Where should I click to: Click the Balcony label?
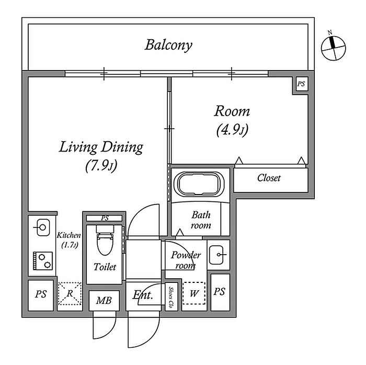(x=168, y=45)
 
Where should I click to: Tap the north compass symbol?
(x=334, y=48)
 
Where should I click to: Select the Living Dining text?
(x=101, y=147)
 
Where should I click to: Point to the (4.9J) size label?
(x=232, y=130)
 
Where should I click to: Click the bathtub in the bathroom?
(x=200, y=184)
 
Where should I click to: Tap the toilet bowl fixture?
(x=105, y=240)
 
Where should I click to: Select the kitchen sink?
(x=42, y=227)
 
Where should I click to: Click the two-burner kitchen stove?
(x=42, y=261)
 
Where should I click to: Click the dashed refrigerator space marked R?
(x=70, y=293)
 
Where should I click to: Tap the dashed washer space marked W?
(x=194, y=293)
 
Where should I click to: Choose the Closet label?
(x=269, y=178)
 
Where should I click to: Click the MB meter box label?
(x=104, y=300)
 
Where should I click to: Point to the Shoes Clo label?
(x=171, y=297)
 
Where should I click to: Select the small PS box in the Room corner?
(x=301, y=84)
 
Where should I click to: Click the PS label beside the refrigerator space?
(x=41, y=294)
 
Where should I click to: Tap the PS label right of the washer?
(x=220, y=292)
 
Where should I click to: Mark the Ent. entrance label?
(x=143, y=295)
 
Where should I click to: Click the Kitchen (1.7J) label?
(x=69, y=240)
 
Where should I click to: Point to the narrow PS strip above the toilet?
(x=105, y=218)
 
